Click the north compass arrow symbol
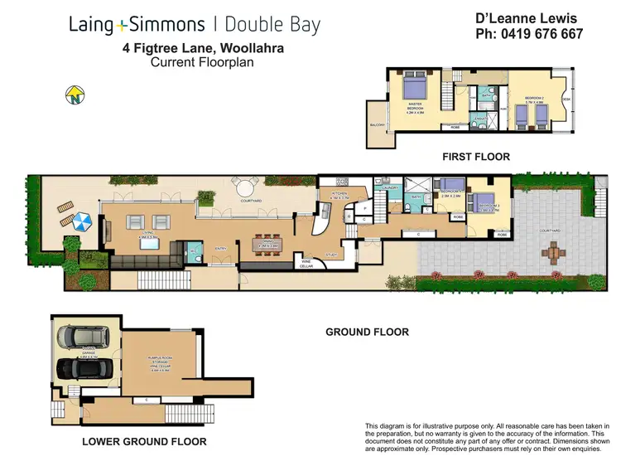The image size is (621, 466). [x=78, y=95]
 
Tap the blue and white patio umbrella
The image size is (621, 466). [x=81, y=223]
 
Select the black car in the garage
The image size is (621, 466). [x=79, y=367]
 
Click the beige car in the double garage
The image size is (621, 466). [x=79, y=335]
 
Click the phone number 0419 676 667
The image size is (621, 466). [x=529, y=35]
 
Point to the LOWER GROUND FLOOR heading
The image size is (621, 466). [x=144, y=442]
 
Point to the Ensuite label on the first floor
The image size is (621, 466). [x=481, y=118]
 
